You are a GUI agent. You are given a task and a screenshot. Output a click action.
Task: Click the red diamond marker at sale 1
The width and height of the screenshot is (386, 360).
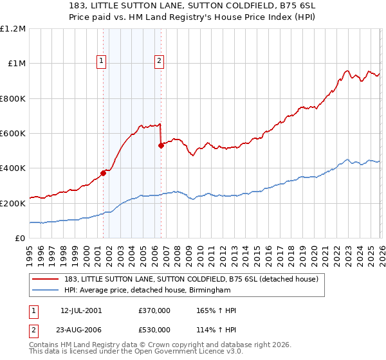point(103,174)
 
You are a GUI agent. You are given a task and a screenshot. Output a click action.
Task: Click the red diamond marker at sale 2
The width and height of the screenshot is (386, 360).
point(161,146)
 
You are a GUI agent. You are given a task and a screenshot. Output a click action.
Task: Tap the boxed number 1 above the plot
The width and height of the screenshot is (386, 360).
point(102,61)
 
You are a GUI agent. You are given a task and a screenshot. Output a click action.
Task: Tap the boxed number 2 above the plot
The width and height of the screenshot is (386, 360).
point(159,61)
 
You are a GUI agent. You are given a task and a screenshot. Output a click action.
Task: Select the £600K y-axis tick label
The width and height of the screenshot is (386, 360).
point(13,134)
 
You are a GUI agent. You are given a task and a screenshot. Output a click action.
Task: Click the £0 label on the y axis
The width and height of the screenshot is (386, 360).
point(21,239)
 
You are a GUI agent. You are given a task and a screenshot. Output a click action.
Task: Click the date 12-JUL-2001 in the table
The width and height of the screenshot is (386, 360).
point(81,310)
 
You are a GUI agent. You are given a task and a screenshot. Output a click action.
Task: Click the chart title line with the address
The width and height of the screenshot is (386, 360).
point(193,5)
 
